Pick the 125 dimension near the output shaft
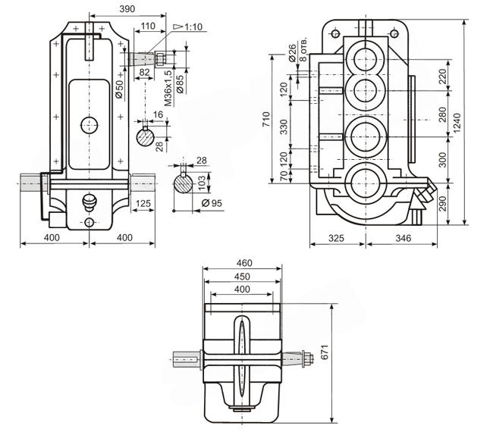point(143,203)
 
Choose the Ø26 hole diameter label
point(292,53)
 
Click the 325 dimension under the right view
point(337,238)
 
